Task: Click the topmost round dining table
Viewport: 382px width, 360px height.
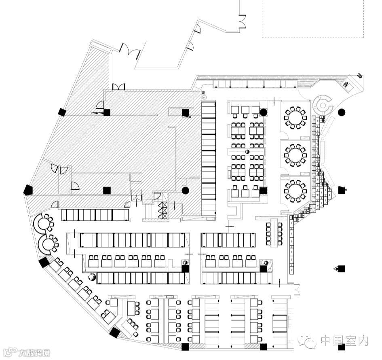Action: (x=295, y=118)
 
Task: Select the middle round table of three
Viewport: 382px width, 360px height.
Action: (x=295, y=154)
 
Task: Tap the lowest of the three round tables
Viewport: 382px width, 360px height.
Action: (x=295, y=190)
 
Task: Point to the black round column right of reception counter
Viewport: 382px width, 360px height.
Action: (x=342, y=112)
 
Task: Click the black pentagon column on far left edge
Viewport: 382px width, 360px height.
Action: (x=28, y=189)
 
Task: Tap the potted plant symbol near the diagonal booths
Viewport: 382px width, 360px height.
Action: (x=92, y=277)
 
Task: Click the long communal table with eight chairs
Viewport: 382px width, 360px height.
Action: (x=274, y=233)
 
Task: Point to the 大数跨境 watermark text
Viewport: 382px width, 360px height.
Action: (x=34, y=353)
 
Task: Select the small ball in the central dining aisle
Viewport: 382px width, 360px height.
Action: (x=247, y=152)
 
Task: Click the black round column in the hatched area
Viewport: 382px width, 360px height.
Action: (x=186, y=190)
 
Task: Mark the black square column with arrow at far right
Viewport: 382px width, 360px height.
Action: (x=341, y=269)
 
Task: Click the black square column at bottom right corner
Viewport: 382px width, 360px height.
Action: (x=342, y=347)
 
